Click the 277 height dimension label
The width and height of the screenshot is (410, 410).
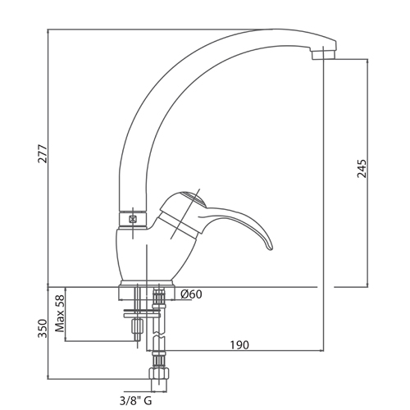pyautogui.click(x=43, y=153)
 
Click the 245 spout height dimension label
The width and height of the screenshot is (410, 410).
pyautogui.click(x=362, y=169)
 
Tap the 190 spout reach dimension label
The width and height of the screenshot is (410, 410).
pyautogui.click(x=239, y=345)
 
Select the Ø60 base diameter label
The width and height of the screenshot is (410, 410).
pyautogui.click(x=191, y=294)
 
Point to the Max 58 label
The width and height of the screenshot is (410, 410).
pyautogui.click(x=60, y=313)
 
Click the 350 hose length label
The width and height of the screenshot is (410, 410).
pyautogui.click(x=43, y=328)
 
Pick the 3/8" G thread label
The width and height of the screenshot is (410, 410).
pyautogui.click(x=136, y=401)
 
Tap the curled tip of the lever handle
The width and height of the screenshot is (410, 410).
pyautogui.click(x=269, y=246)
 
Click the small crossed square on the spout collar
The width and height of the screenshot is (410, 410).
pyautogui.click(x=133, y=219)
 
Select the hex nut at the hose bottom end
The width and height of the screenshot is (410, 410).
pyautogui.click(x=158, y=373)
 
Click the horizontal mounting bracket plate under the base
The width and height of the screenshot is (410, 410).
pyautogui.click(x=142, y=313)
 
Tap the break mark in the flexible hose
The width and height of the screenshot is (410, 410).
pyautogui.click(x=158, y=335)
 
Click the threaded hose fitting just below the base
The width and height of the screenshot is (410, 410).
pyautogui.click(x=158, y=298)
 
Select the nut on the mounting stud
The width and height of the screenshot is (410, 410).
pyautogui.click(x=138, y=326)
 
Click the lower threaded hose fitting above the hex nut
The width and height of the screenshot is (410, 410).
pyautogui.click(x=158, y=361)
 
